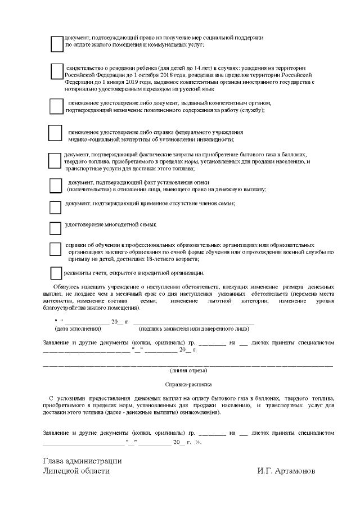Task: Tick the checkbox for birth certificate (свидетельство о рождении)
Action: point(57,71)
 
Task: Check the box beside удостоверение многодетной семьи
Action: point(55,228)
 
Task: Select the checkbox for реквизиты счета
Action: point(56,273)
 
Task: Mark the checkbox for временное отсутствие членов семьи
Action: point(55,208)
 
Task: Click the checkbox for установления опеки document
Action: point(56,186)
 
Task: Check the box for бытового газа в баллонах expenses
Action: point(55,161)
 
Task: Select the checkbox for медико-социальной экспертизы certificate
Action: point(55,133)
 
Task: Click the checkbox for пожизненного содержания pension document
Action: point(56,106)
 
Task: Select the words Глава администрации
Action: point(82,461)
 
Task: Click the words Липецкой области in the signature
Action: point(76,471)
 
